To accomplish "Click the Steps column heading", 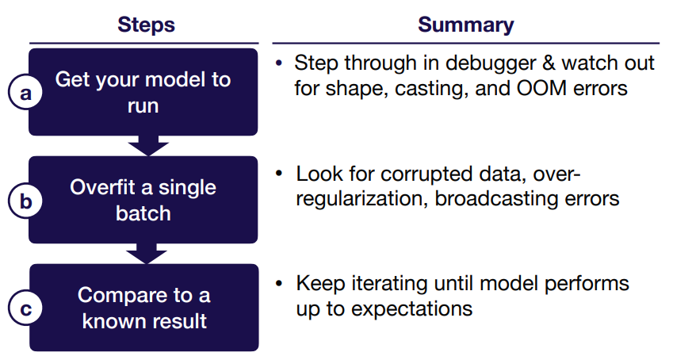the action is [x=146, y=25].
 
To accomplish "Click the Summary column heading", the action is [x=465, y=25].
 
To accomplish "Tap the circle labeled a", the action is [x=25, y=92].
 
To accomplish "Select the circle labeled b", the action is [x=25, y=201].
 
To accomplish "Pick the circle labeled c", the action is [x=25, y=308].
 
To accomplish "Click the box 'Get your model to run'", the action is [x=143, y=92].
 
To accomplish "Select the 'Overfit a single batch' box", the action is [x=143, y=200].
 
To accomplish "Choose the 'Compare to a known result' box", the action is [x=144, y=308].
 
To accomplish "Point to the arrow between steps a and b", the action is [x=148, y=146].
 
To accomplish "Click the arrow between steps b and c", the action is [x=147, y=254].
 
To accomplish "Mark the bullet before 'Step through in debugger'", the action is [x=279, y=63].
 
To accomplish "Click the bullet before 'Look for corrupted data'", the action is [x=279, y=174].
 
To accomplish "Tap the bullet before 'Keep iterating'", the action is [x=279, y=284].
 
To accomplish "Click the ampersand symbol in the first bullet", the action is [x=549, y=63].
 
